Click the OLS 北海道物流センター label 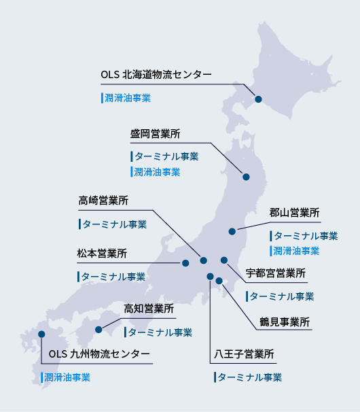[x=156, y=74]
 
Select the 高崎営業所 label [x=103, y=201]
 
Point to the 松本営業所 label [x=102, y=254]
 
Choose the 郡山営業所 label [x=294, y=213]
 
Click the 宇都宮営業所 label [x=276, y=273]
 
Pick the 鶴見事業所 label [x=285, y=321]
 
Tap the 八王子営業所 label [x=244, y=354]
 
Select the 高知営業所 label [x=149, y=309]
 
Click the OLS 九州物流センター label [x=100, y=354]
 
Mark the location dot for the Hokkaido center [x=258, y=100]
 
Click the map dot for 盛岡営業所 [x=247, y=177]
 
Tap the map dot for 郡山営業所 [x=232, y=230]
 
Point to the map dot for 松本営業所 [x=185, y=262]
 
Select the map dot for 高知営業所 [x=99, y=330]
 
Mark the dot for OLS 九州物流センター [x=41, y=334]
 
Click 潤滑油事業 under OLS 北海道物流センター [x=126, y=98]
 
